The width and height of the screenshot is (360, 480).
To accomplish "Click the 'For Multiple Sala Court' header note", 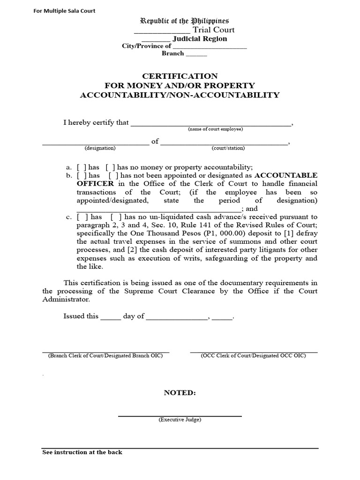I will (x=64, y=11).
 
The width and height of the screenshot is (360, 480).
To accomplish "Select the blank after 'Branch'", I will (x=196, y=54).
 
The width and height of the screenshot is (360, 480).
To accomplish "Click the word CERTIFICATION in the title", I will (x=180, y=76).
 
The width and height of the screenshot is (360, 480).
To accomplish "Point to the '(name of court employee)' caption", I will (x=215, y=129).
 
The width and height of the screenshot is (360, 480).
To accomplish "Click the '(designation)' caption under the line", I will (x=100, y=148).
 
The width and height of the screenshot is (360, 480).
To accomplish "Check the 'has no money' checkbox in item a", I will (x=109, y=167).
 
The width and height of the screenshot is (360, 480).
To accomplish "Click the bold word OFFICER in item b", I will (x=95, y=184).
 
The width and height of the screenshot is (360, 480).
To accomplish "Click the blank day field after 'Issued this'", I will (x=111, y=316).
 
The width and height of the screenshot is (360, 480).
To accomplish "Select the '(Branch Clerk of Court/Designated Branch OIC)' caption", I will (x=105, y=356).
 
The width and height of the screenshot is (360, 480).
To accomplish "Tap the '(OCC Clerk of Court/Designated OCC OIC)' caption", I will (x=254, y=356).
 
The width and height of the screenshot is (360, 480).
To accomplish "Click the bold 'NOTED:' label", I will (x=180, y=393).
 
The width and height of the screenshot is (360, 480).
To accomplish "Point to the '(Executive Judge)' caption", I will (x=180, y=420).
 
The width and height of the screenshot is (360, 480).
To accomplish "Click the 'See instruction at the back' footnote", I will (x=82, y=452).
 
